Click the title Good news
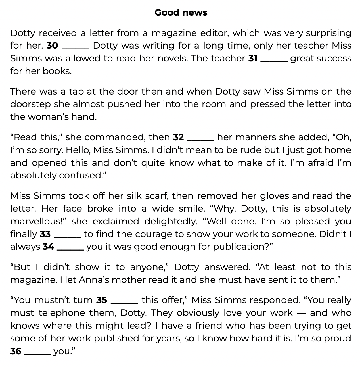181,12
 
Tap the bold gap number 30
52,45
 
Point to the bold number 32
178,137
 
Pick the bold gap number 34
48,247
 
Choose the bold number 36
16,351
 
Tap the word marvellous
37,221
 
